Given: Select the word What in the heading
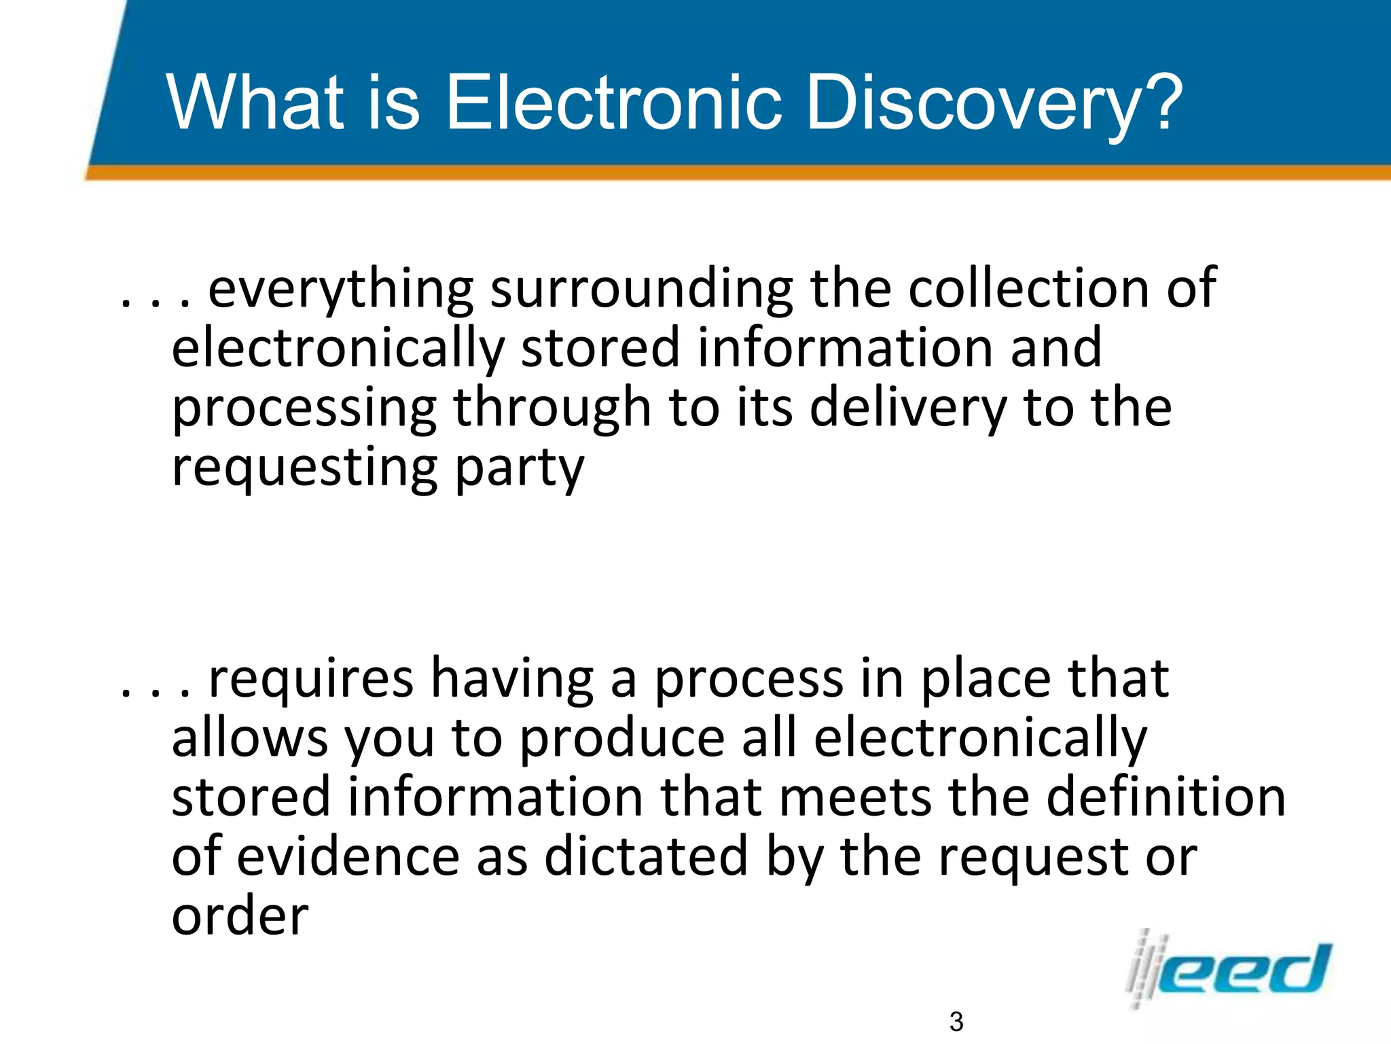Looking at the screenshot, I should (x=255, y=103).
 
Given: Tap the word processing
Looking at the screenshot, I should (x=304, y=409).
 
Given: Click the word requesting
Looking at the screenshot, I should (x=304, y=469).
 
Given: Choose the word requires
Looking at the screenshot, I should (x=310, y=680).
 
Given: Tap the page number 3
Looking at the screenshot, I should (x=956, y=1022).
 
